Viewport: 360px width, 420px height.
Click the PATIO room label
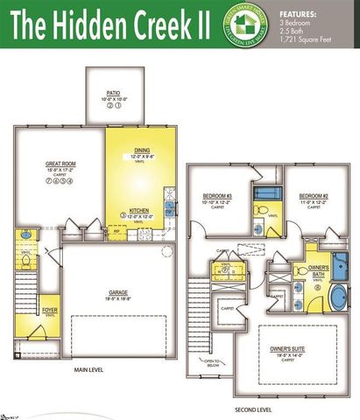tap(113, 92)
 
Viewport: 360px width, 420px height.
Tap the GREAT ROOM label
tap(61, 163)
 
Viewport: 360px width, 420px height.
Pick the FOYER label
tap(51, 309)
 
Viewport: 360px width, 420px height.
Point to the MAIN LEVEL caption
tap(89, 370)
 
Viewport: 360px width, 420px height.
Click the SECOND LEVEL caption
tap(254, 409)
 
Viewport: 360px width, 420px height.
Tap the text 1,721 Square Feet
tap(307, 38)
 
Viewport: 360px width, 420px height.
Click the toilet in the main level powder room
tap(25, 261)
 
